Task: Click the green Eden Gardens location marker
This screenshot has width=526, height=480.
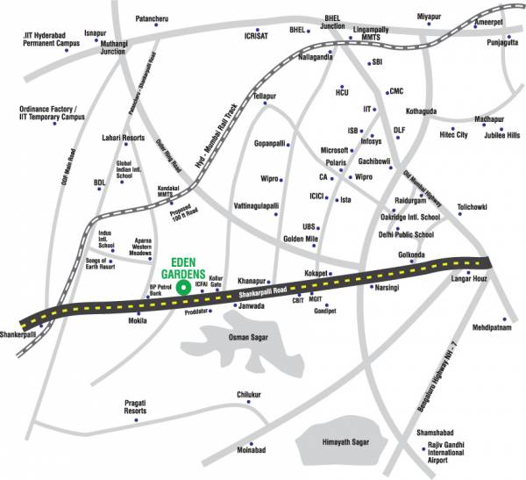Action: click(x=182, y=287)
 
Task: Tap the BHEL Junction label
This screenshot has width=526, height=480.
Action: click(x=333, y=22)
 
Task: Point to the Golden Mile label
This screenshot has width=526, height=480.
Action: click(x=299, y=239)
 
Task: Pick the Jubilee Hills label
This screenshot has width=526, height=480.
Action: click(x=501, y=135)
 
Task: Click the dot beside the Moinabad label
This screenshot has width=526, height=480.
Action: click(x=251, y=443)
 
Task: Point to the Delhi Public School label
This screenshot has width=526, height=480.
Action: click(x=406, y=235)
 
